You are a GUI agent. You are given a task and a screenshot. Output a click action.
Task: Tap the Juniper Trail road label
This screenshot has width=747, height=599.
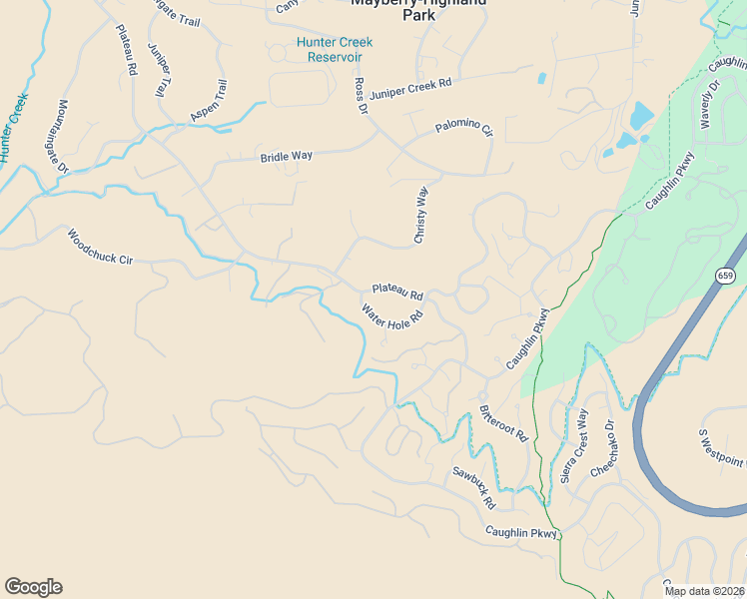pos(157,70)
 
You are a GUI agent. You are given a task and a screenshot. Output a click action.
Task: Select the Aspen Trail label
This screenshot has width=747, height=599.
pos(209,102)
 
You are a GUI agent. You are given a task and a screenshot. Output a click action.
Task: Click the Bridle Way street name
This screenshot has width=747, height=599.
pos(287,157)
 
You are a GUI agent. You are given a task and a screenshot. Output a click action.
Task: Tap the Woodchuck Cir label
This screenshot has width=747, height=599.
pos(100,249)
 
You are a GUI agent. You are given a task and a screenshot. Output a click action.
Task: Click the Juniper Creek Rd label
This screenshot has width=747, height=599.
pos(410,89)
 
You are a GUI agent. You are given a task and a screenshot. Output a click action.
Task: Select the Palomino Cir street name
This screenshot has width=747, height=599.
pos(463,129)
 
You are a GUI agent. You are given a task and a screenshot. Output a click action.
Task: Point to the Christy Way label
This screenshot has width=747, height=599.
pos(421,215)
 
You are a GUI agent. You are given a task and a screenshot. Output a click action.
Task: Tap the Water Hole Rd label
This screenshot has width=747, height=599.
pos(392,316)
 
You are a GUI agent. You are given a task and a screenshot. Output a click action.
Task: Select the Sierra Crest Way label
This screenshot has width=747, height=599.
pos(574,446)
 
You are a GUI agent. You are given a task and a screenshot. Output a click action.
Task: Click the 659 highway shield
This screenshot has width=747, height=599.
pos(725,275)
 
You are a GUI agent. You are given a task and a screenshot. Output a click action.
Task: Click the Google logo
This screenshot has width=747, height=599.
pos(33,587)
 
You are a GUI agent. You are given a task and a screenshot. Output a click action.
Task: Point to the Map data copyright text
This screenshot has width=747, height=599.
pos(705,591)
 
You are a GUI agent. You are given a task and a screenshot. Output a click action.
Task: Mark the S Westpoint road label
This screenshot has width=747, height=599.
pos(722,448)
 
